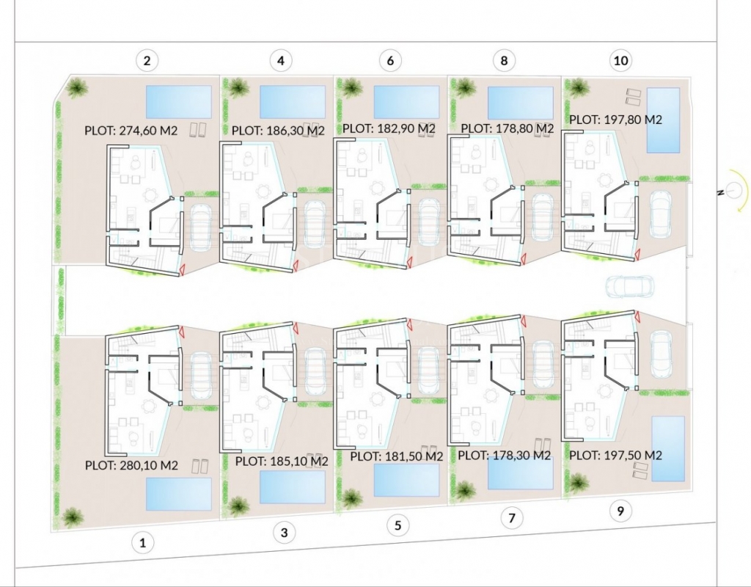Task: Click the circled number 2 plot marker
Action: point(147,61)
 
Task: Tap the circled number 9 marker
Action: point(620,511)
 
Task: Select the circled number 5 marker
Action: point(398,525)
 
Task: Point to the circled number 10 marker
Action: point(620,61)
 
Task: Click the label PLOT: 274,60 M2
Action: point(131,131)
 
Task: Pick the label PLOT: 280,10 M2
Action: point(131,465)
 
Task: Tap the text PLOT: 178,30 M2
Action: point(505,455)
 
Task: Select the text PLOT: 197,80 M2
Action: point(615,120)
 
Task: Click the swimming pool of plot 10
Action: point(663,120)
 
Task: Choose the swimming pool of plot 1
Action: point(178,494)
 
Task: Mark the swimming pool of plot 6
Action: point(406,101)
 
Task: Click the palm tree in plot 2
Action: point(76,88)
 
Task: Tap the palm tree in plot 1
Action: point(73,517)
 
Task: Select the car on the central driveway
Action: point(630,287)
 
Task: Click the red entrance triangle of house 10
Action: point(637,254)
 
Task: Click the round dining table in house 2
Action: point(151,195)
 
